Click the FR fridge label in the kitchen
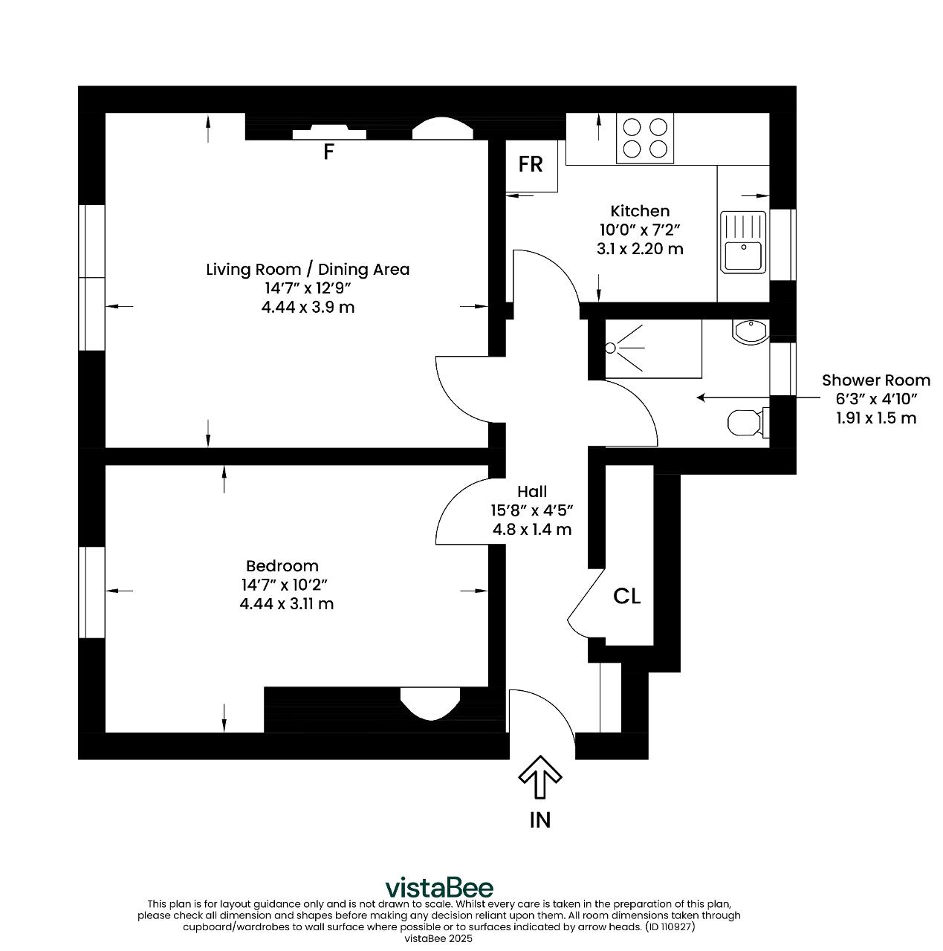click(x=530, y=164)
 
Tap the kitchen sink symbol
click(x=742, y=241)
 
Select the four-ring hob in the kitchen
click(x=644, y=138)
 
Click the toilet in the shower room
click(x=748, y=423)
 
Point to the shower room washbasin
click(x=750, y=331)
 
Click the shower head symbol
click(x=610, y=348)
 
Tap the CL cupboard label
click(x=626, y=596)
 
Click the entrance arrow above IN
click(x=539, y=777)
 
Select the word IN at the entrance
click(x=539, y=821)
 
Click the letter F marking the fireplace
click(x=328, y=152)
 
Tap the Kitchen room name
click(x=639, y=211)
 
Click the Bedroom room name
click(x=282, y=565)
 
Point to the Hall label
click(x=532, y=491)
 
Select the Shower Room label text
click(x=875, y=380)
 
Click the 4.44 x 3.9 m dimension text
click(x=308, y=307)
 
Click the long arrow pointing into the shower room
click(x=758, y=397)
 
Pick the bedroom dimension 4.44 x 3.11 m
click(x=286, y=603)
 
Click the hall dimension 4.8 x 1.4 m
click(x=532, y=529)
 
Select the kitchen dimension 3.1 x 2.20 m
click(x=639, y=248)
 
